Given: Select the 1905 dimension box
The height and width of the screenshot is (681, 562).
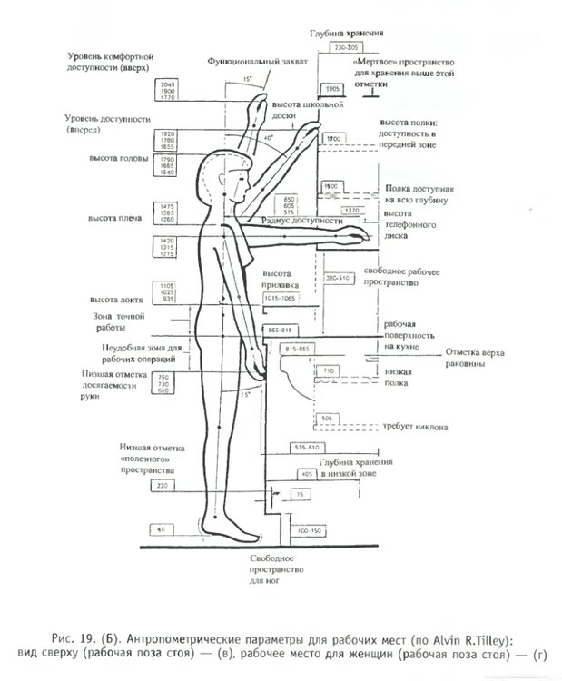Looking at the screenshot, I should click(332, 89).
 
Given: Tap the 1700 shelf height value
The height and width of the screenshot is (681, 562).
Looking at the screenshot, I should click(332, 138).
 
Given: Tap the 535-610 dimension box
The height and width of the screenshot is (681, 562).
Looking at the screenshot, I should click(306, 448).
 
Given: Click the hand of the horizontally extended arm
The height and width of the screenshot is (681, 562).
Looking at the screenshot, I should click(359, 238).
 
